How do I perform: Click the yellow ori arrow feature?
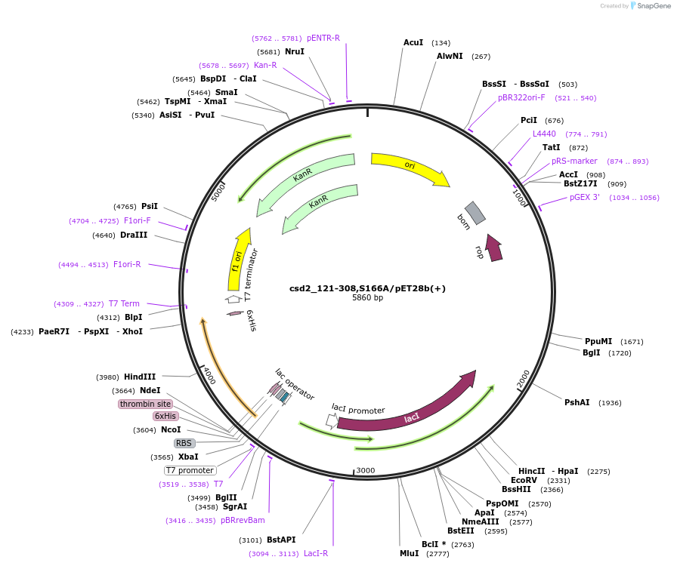click(x=409, y=168)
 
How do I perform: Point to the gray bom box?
click(x=475, y=214)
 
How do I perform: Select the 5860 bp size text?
click(x=367, y=298)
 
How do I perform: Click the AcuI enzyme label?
click(x=413, y=43)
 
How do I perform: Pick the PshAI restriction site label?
click(x=577, y=402)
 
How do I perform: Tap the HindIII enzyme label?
click(x=140, y=377)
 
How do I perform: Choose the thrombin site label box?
click(x=145, y=404)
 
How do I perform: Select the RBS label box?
click(x=184, y=443)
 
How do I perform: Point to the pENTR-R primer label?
click(x=323, y=38)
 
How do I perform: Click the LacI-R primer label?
click(x=316, y=553)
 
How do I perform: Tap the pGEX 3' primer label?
click(x=585, y=198)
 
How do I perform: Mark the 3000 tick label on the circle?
click(x=366, y=470)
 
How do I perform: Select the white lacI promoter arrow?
click(x=331, y=420)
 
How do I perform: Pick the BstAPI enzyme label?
click(x=281, y=540)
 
